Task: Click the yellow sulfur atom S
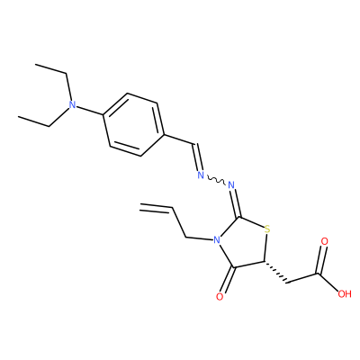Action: pos(267,229)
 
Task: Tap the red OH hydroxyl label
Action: pos(345,293)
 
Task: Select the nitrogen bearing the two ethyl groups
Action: pos(72,104)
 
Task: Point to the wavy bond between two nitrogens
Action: pos(215,180)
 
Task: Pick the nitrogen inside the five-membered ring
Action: pos(215,240)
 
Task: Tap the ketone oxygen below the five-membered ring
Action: pos(220,297)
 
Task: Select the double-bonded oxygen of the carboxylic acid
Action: pos(324,241)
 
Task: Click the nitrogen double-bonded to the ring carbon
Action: pos(231,184)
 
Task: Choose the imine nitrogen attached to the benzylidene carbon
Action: pos(201,175)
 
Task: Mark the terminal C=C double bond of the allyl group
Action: pos(156,208)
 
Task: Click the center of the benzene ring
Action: pos(133,125)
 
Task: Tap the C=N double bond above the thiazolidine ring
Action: pos(235,203)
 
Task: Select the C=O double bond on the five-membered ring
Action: pos(229,280)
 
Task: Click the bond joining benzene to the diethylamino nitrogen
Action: pos(89,111)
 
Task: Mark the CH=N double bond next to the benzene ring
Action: pos(196,157)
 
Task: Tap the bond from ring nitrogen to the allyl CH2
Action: pos(198,239)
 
